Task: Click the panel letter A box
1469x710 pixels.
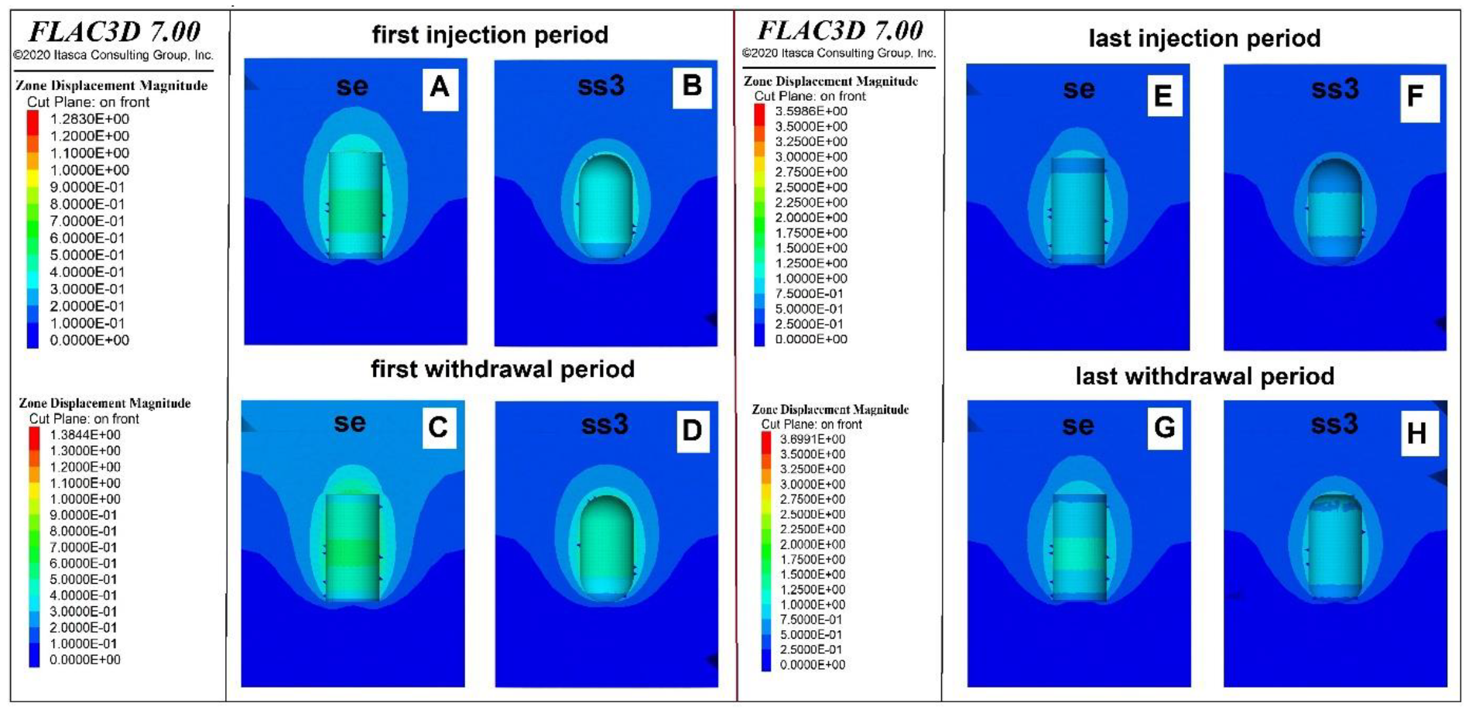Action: (x=440, y=87)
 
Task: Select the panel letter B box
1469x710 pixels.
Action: (x=692, y=85)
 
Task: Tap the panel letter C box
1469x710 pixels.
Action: (x=438, y=427)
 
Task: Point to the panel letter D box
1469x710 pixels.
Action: (x=691, y=430)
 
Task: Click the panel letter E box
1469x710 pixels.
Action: (x=1163, y=95)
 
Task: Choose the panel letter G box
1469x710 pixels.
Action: (x=1165, y=427)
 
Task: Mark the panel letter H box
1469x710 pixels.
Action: (x=1416, y=434)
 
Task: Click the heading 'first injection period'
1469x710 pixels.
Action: (x=490, y=35)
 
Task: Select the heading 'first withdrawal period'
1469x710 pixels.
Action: (x=502, y=369)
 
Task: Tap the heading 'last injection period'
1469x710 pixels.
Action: (x=1204, y=39)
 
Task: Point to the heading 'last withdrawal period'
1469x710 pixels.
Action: (x=1204, y=377)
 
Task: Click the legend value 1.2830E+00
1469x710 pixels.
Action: (x=89, y=119)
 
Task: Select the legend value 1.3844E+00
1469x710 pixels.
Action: (x=84, y=435)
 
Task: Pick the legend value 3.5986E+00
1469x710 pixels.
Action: (x=810, y=111)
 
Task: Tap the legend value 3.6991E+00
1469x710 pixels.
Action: (x=812, y=439)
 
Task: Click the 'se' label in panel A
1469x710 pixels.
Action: (x=352, y=86)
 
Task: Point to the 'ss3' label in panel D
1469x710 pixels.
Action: (x=604, y=425)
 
